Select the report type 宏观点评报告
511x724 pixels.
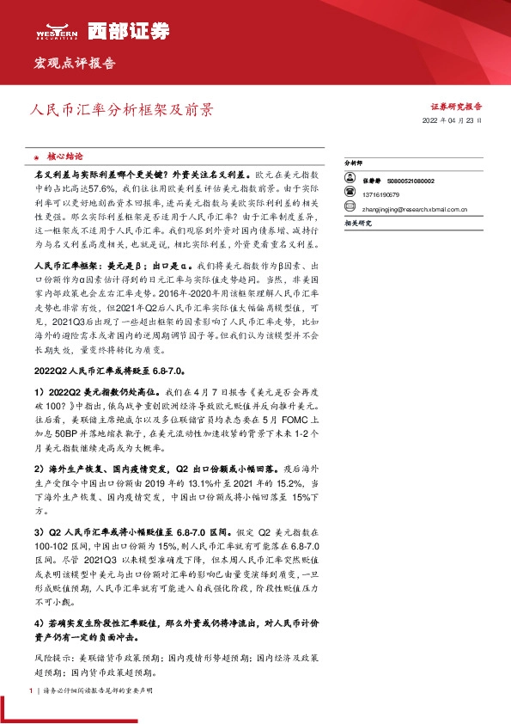[x=74, y=64]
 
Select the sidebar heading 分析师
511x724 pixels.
[x=355, y=162]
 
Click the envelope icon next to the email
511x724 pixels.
[x=350, y=207]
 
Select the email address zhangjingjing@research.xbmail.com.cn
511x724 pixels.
[x=415, y=207]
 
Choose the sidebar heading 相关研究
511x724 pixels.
[x=357, y=223]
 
